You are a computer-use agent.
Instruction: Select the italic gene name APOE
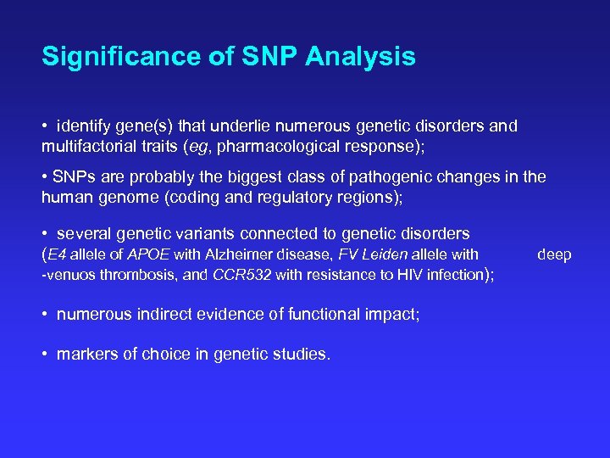tap(148, 254)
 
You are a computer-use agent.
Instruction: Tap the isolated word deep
tap(555, 254)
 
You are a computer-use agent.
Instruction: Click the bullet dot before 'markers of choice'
tap(45, 355)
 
